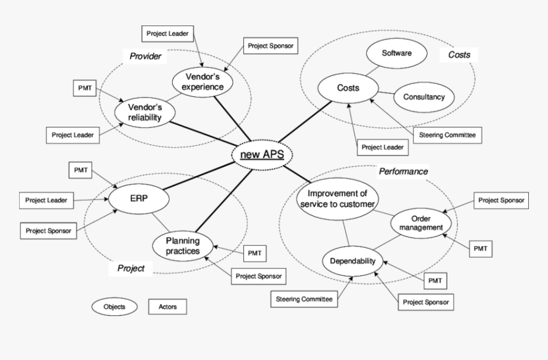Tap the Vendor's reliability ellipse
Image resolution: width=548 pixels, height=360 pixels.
[145, 112]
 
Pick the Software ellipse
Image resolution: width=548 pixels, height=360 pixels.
[396, 54]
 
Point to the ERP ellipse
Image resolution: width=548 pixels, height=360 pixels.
[139, 198]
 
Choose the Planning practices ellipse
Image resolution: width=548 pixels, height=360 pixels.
[183, 245]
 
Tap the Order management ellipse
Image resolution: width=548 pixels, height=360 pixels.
[421, 223]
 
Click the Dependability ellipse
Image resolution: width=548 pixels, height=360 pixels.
[353, 261]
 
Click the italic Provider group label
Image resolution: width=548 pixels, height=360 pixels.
[145, 57]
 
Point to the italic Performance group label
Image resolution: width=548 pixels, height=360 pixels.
[403, 171]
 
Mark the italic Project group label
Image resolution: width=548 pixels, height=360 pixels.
[131, 268]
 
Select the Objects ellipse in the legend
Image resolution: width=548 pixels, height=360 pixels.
[115, 306]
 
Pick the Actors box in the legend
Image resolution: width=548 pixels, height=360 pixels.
[168, 306]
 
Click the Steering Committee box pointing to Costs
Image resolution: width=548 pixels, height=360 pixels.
[447, 135]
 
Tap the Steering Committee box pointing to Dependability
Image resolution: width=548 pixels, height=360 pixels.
[305, 298]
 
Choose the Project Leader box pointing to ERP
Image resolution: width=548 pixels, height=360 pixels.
[45, 200]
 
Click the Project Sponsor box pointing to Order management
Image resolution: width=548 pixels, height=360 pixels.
[501, 200]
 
